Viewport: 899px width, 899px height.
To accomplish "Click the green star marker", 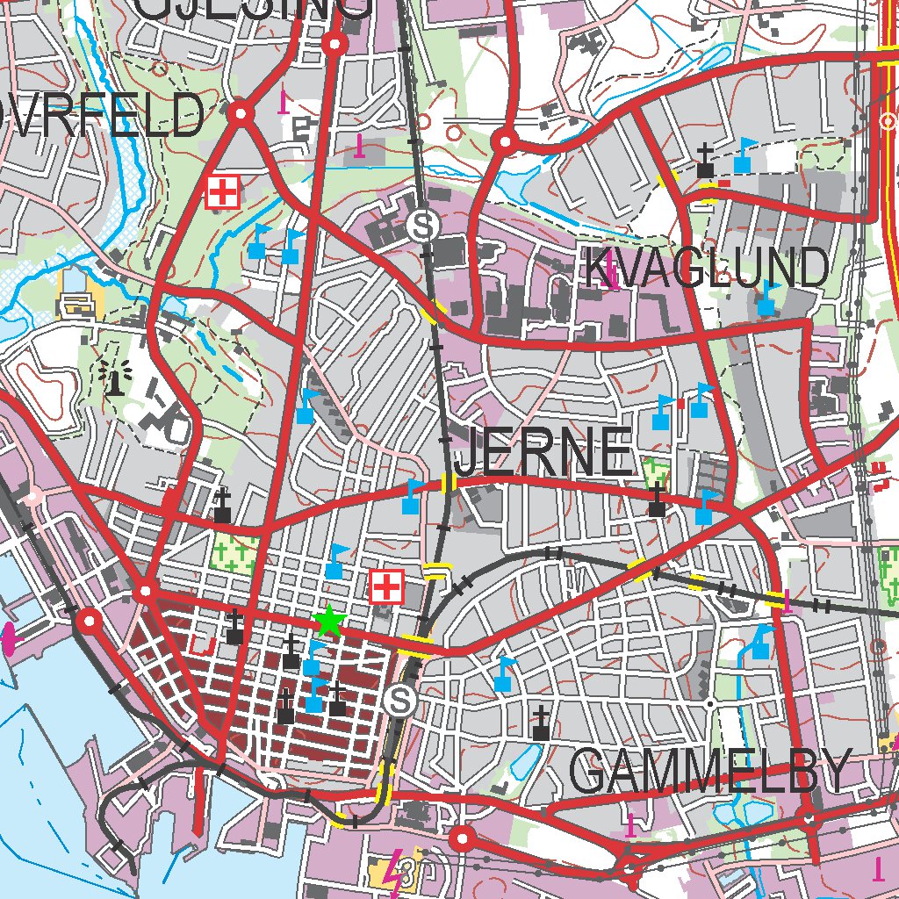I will tap(328, 621).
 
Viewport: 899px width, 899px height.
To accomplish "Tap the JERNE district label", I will tap(544, 453).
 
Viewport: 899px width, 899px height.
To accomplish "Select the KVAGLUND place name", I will tap(707, 268).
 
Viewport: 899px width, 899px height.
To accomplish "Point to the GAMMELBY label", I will tap(710, 772).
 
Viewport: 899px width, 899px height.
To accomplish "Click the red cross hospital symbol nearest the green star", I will tap(386, 586).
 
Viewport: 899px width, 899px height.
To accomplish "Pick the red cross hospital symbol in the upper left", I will tap(223, 191).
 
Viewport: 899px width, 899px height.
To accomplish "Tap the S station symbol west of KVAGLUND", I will tap(423, 227).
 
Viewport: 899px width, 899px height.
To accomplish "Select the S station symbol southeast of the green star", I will tap(400, 701).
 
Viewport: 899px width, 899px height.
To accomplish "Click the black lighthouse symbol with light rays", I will tap(113, 378).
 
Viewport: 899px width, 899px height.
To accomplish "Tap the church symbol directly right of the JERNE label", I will tap(657, 500).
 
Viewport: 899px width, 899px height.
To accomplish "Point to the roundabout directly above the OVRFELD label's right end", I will tap(241, 113).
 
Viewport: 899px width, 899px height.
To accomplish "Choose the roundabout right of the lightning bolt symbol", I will tap(463, 839).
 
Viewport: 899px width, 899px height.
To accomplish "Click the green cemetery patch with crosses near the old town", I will tap(234, 554).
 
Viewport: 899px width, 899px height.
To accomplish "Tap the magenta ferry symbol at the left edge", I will tap(9, 637).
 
